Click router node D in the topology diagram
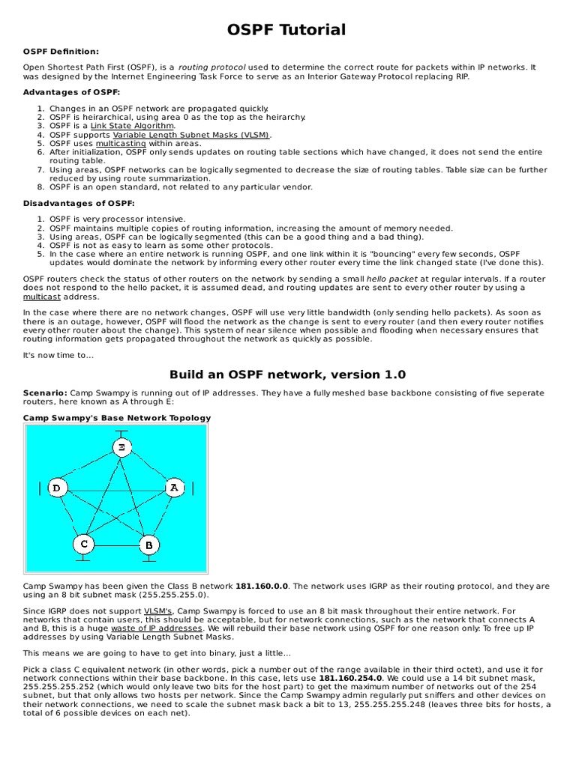click(x=57, y=488)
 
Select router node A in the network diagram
click(x=173, y=488)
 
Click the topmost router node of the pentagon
click(x=121, y=447)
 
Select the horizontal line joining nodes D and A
click(x=115, y=489)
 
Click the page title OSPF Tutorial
click(x=287, y=30)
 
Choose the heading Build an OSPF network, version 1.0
click(x=287, y=375)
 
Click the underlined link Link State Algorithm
click(x=132, y=126)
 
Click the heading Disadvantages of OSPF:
click(x=79, y=203)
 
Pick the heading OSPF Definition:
click(x=61, y=51)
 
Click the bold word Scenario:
click(x=45, y=392)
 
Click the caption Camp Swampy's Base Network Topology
click(x=117, y=418)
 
